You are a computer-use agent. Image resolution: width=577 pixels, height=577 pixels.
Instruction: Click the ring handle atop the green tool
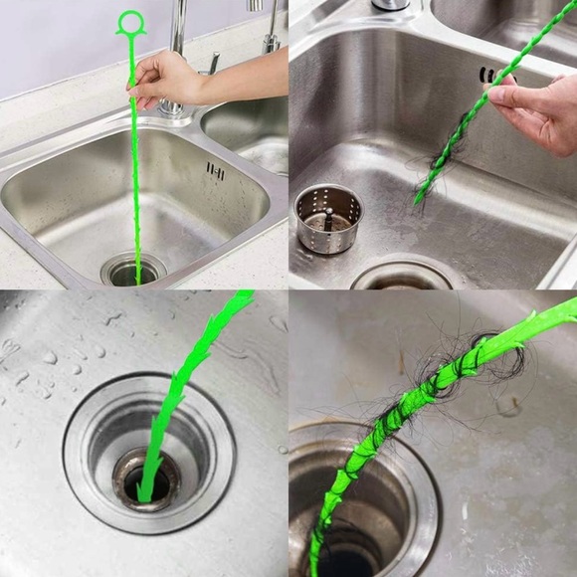pos(130,23)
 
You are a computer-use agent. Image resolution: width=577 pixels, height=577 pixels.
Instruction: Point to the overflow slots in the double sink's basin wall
pos(215,171)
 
